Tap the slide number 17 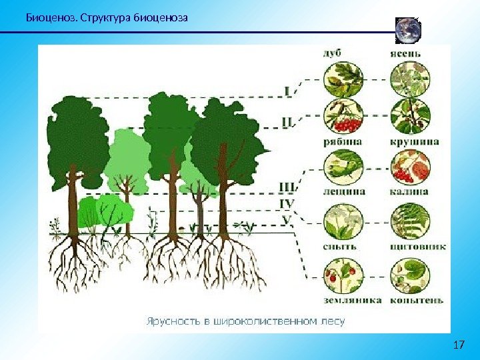458,345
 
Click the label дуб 335,53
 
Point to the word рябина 343,141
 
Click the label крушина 413,141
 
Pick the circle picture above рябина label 343,117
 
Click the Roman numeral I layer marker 287,89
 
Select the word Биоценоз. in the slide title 50,16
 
